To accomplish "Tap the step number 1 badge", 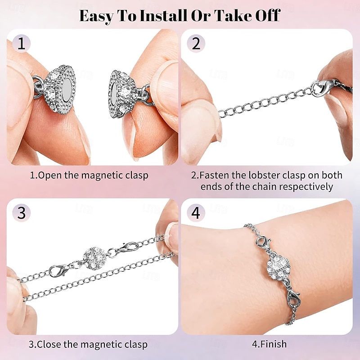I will [21, 44].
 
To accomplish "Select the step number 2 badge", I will [196, 44].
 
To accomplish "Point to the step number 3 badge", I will [21, 213].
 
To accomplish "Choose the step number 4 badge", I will [196, 213].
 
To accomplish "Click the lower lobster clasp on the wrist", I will [292, 298].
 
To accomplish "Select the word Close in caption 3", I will [50, 345].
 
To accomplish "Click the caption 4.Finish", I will [269, 345].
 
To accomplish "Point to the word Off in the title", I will [265, 16].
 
